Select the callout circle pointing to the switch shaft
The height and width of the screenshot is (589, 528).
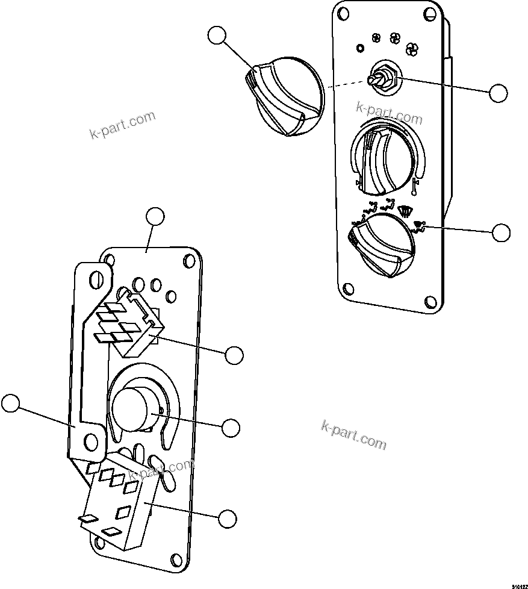coord(498,93)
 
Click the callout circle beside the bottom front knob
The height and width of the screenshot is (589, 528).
coord(501,232)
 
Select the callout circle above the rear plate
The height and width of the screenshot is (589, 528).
coord(155,217)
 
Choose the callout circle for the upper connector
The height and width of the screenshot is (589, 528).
coord(234,355)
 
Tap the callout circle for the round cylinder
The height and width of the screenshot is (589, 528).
coord(231,428)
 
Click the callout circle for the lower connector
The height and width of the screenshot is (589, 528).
coord(227,519)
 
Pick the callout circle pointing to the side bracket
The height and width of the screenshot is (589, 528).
coord(10,404)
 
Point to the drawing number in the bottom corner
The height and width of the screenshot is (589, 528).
coord(520,585)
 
